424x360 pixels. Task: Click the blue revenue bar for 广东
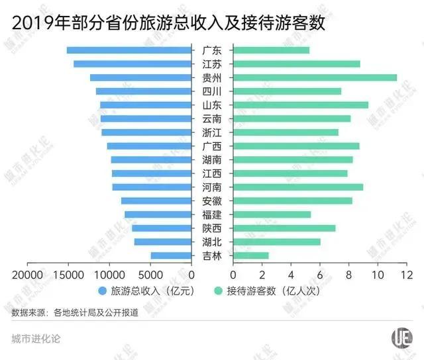coord(129,50)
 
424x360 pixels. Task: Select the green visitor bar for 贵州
coord(315,77)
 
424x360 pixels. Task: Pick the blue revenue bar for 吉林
coord(171,255)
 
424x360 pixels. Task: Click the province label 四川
coord(212,91)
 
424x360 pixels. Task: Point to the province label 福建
coord(212,214)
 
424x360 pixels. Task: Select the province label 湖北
coord(212,242)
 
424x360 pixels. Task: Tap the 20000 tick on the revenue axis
coord(28,274)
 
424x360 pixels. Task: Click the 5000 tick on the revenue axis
coord(151,274)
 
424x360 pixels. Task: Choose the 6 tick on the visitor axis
coord(320,274)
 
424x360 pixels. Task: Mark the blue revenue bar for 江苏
coord(132,64)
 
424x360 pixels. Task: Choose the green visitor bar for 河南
coord(297,187)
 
